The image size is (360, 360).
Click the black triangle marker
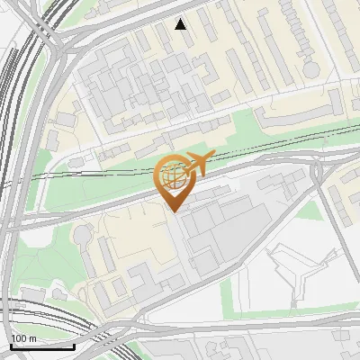coord(181,24)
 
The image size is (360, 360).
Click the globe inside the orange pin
coord(174,176)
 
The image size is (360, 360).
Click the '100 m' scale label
coord(23,338)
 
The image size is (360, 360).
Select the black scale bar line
coord(41,346)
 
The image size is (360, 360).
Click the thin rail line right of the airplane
coord(270,143)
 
